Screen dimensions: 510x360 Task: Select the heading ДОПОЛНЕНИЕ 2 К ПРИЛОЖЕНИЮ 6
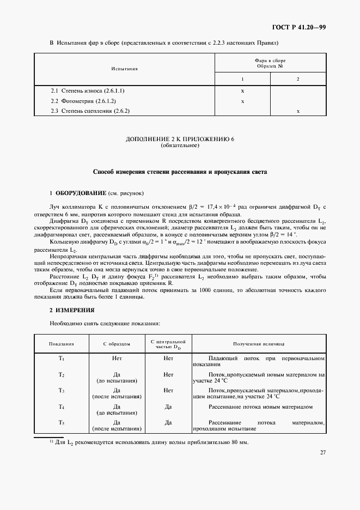click(180, 139)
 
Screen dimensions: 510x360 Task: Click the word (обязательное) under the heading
click(180, 146)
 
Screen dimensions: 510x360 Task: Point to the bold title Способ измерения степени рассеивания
click(180, 172)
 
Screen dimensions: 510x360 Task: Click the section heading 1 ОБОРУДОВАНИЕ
click(78, 193)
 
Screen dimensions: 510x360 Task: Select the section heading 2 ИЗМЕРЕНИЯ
click(72, 309)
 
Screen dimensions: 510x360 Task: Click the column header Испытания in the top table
click(124, 69)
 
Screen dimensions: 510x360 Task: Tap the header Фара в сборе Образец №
click(270, 63)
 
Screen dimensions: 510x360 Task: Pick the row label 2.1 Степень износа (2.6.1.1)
click(88, 90)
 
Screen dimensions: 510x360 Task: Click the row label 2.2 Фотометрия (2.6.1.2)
click(83, 101)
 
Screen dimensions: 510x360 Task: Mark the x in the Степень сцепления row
click(297, 111)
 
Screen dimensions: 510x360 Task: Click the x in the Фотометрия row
click(242, 101)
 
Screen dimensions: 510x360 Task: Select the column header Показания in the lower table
click(62, 344)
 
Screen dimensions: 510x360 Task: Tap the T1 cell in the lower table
click(62, 359)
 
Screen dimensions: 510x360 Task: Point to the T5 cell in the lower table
click(62, 423)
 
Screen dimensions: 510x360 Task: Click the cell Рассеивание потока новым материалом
click(260, 406)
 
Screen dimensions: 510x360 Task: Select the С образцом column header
click(117, 344)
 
